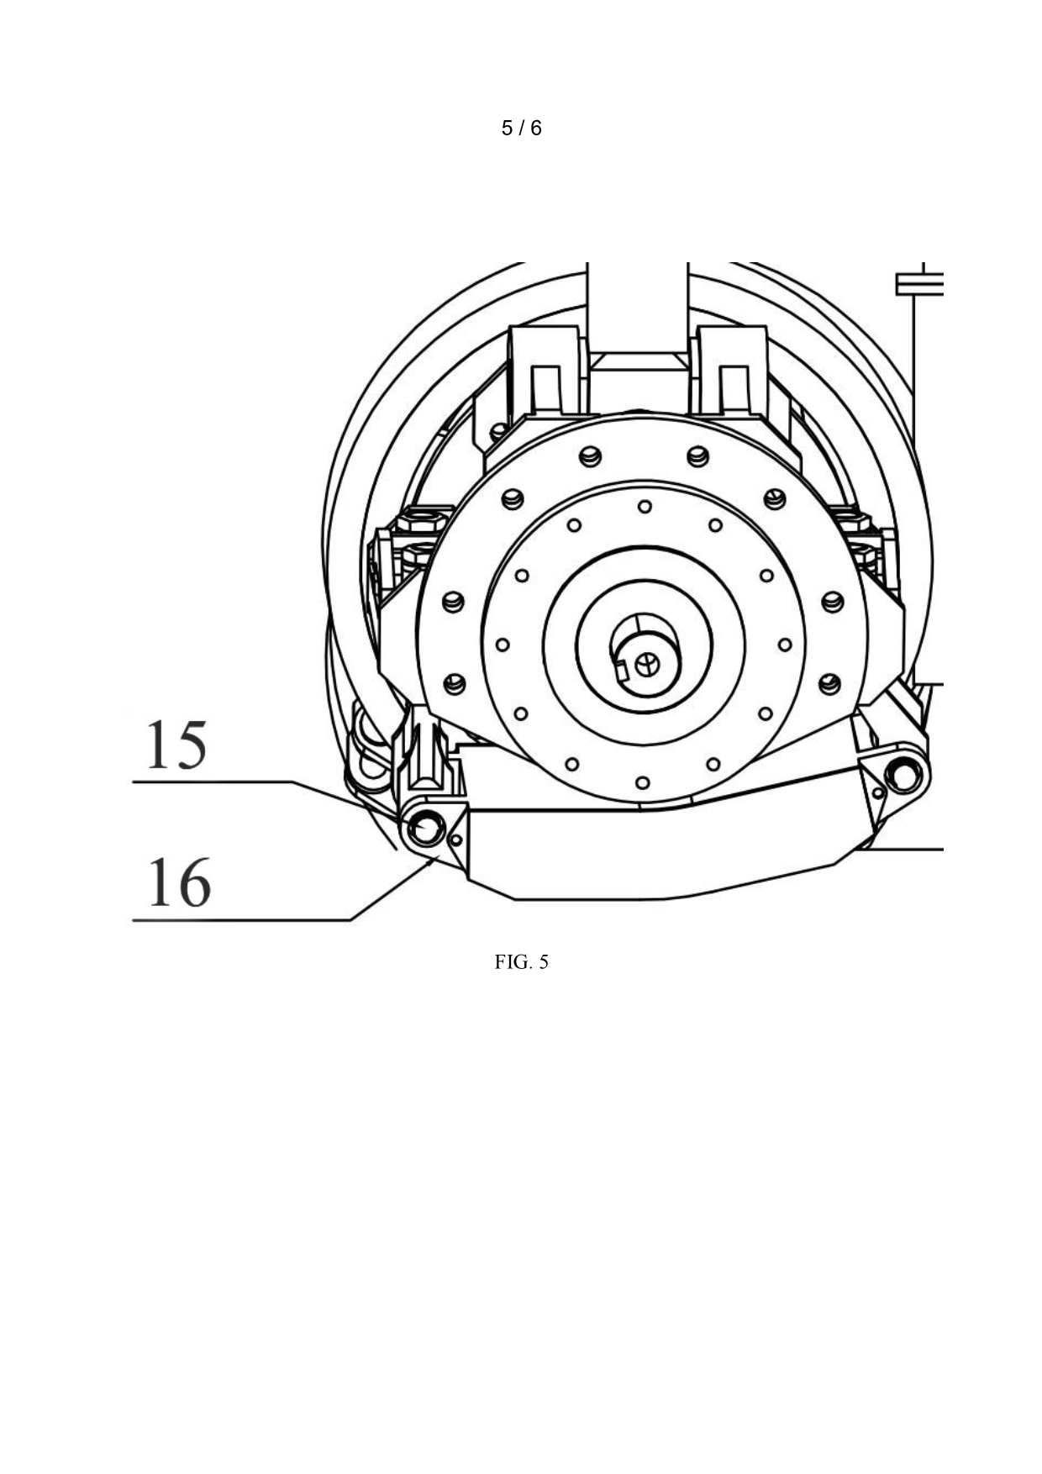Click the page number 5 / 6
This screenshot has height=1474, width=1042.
coord(521,128)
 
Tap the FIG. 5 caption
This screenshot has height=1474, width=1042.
coord(521,962)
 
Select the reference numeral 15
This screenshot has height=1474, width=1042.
coord(176,745)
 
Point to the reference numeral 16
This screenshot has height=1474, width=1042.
coord(179,882)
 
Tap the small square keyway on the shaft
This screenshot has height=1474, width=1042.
coord(622,670)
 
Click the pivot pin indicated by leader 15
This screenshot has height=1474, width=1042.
coord(425,830)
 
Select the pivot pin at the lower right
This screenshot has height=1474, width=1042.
coord(903,774)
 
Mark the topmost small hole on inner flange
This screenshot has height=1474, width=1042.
coord(645,507)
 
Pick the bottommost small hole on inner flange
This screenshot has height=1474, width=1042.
coord(643,783)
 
